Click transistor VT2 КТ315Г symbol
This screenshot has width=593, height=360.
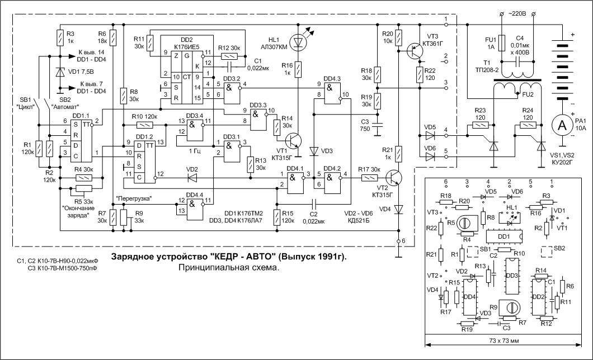pyautogui.click(x=395, y=178)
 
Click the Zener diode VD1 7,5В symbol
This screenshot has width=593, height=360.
pyautogui.click(x=60, y=72)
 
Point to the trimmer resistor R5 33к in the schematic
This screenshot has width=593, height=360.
pyautogui.click(x=83, y=188)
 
